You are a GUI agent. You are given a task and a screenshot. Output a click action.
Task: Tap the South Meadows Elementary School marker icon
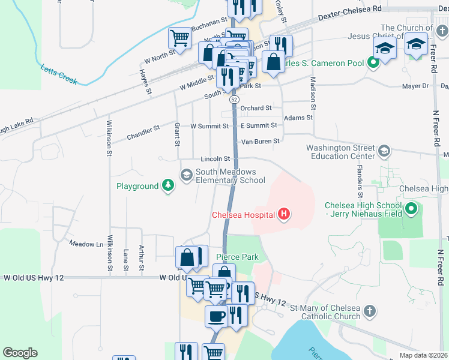(186, 175)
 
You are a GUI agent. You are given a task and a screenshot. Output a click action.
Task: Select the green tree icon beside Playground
(169, 186)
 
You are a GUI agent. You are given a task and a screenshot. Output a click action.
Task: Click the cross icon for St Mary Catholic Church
(370, 311)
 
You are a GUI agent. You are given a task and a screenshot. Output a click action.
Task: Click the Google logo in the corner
(20, 352)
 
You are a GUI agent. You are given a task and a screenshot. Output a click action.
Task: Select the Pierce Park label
(237, 257)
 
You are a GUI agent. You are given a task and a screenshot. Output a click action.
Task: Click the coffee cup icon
(216, 316)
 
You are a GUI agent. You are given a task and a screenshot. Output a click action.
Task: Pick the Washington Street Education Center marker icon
(384, 151)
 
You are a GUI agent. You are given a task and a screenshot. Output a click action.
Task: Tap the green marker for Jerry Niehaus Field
(411, 209)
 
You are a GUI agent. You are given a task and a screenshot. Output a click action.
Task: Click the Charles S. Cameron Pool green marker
(373, 61)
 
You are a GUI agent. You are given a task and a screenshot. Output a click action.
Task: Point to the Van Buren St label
(260, 142)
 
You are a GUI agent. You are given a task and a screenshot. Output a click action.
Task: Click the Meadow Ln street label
(86, 244)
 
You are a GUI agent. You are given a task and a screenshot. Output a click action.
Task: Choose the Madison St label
(312, 93)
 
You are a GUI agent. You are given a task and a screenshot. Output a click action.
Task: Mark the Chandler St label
(143, 133)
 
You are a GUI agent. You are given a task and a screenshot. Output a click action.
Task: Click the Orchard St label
(256, 108)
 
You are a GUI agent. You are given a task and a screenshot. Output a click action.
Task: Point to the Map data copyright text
(424, 355)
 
